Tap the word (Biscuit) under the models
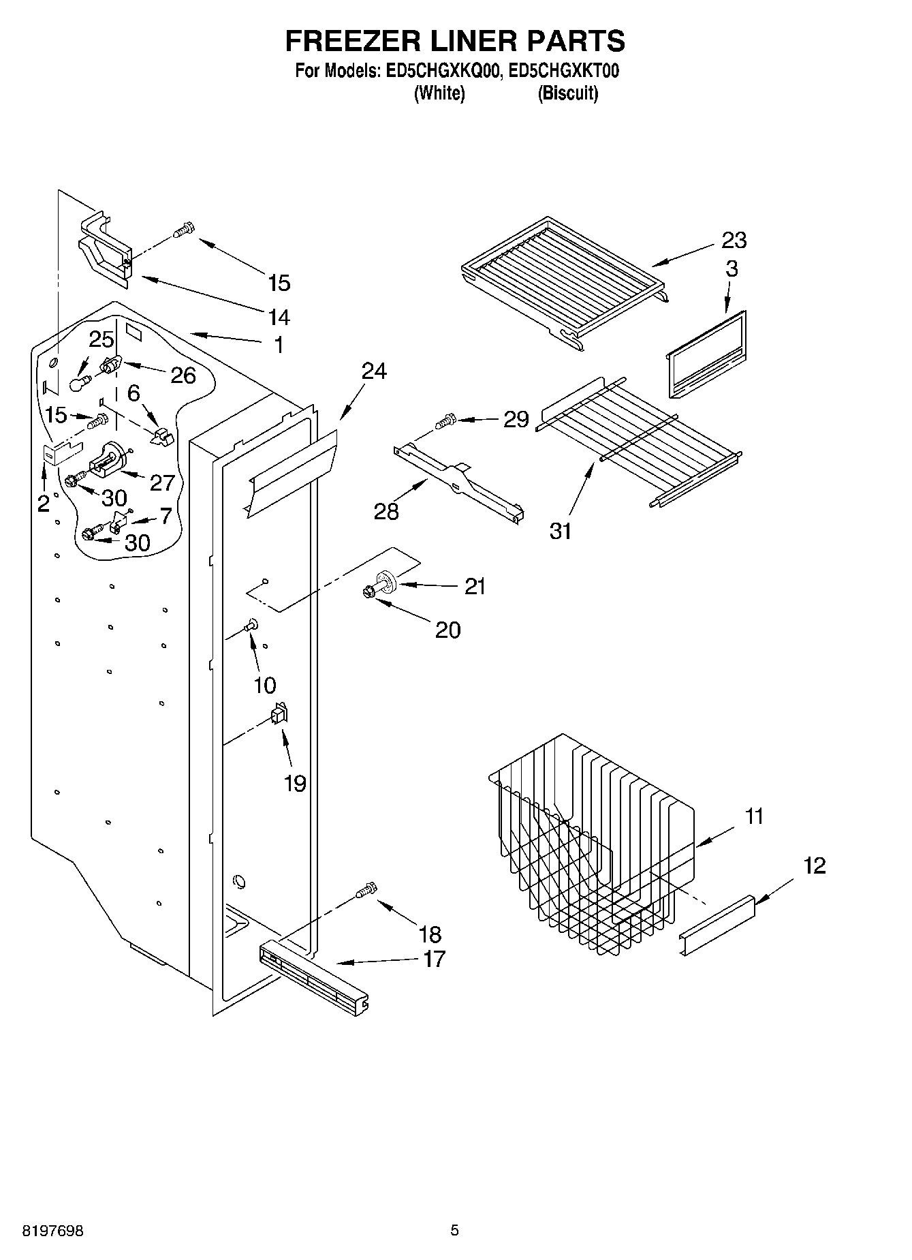click(x=567, y=93)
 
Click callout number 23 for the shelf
click(x=734, y=240)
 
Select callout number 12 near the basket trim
click(x=815, y=865)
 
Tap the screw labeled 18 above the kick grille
click(x=366, y=890)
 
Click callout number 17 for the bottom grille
click(x=434, y=959)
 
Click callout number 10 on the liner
click(x=264, y=685)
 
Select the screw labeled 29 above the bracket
click(x=447, y=420)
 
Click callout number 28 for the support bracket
click(x=386, y=510)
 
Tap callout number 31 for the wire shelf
click(x=561, y=530)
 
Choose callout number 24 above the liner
click(x=374, y=371)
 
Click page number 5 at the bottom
click(x=455, y=1231)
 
